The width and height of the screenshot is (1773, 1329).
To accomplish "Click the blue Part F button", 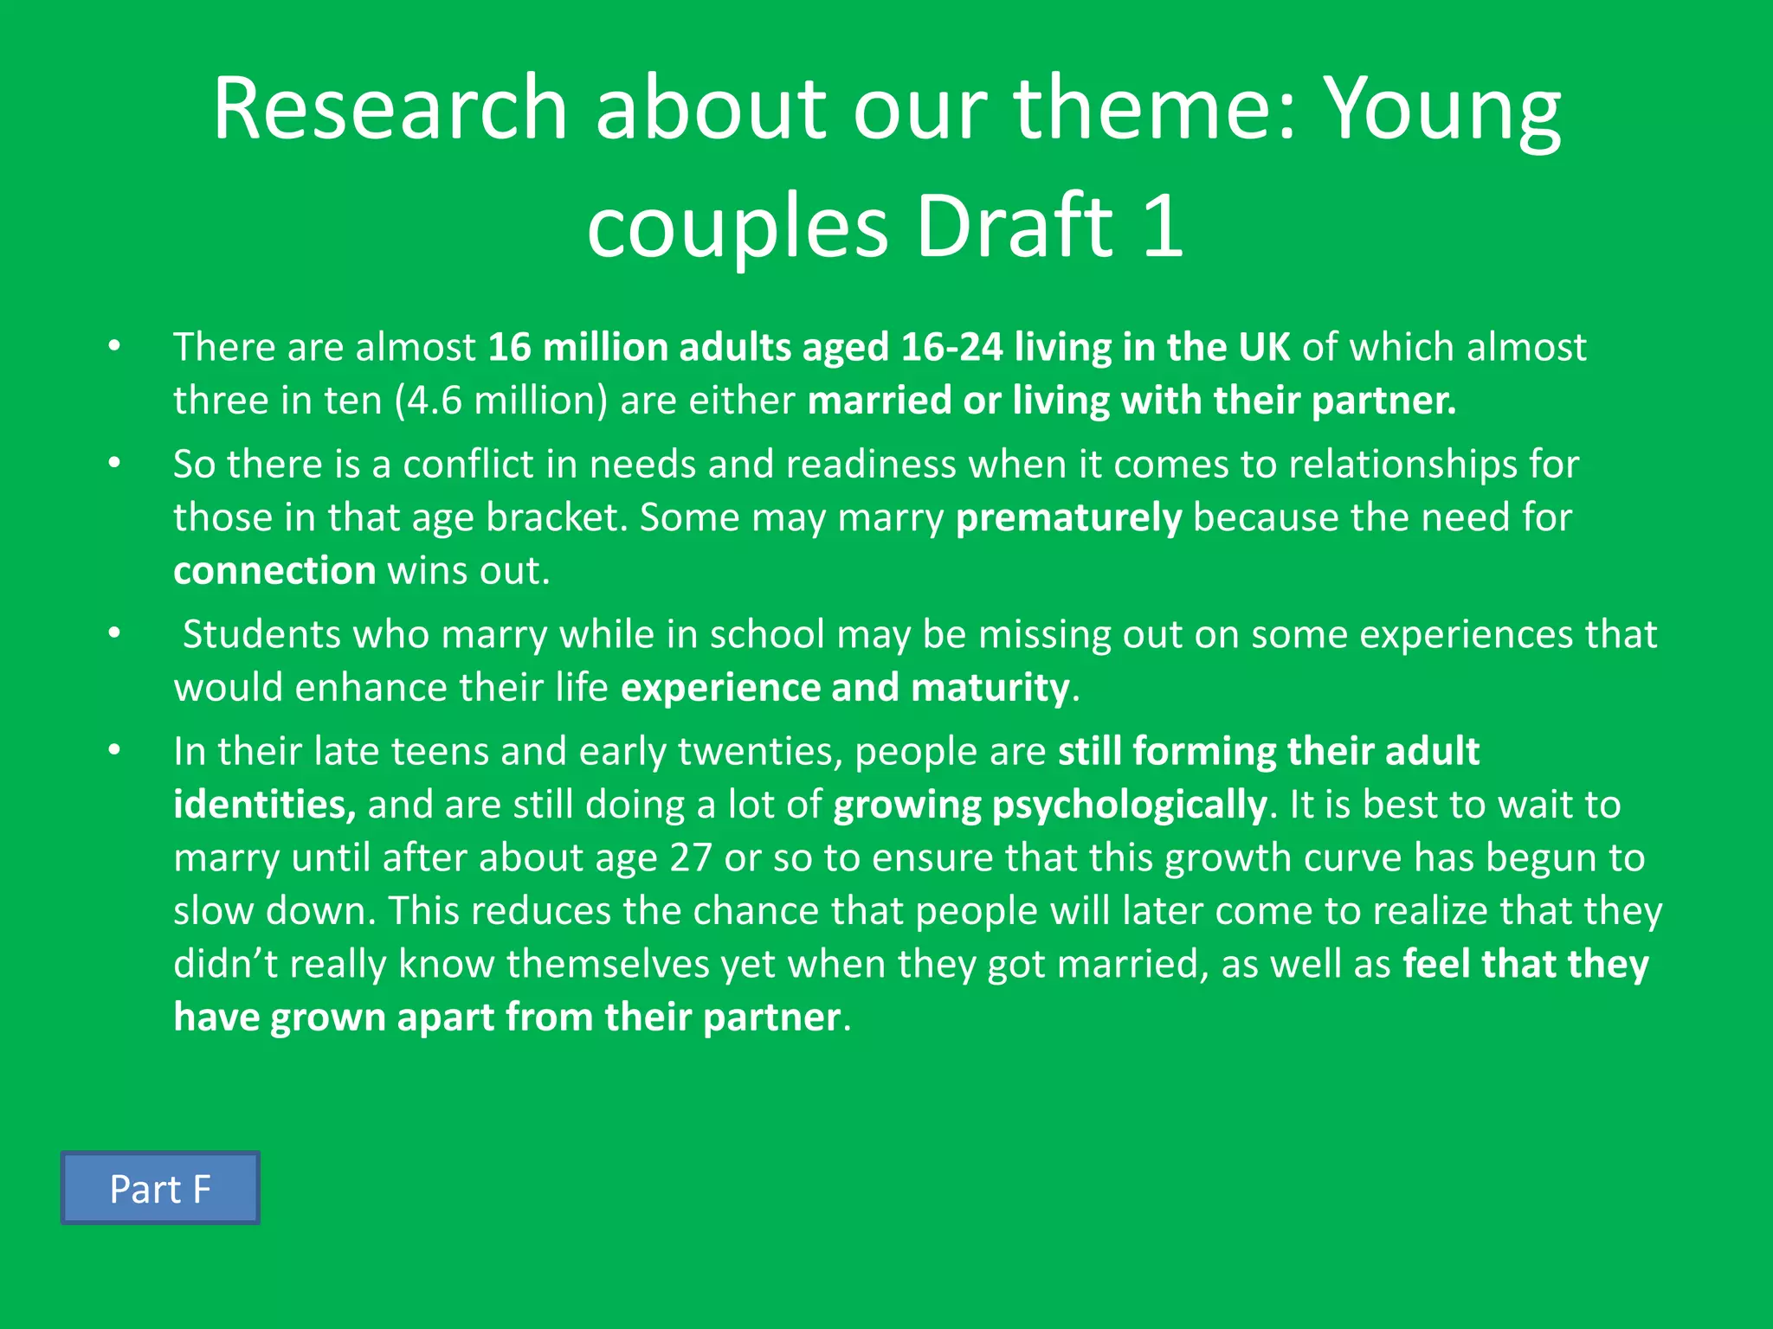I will (160, 1188).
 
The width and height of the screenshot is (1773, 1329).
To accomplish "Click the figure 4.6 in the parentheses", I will (435, 401).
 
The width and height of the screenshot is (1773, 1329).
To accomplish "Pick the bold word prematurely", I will (1068, 518).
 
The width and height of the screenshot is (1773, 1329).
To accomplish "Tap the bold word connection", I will (274, 571).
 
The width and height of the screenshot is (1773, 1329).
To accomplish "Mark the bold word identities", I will (264, 805).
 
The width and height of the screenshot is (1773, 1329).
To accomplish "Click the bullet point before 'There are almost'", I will (114, 347).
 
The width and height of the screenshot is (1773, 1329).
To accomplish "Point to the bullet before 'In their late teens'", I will (114, 751).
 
